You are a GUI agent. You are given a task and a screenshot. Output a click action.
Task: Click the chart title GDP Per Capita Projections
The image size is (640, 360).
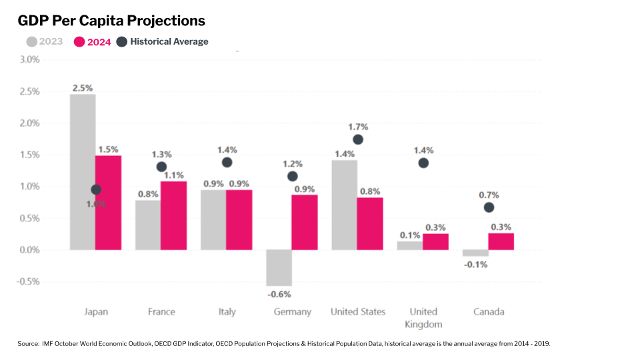click(111, 21)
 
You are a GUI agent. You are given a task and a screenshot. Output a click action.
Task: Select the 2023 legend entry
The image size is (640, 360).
click(45, 41)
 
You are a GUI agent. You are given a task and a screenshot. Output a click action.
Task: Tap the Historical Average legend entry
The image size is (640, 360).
click(162, 41)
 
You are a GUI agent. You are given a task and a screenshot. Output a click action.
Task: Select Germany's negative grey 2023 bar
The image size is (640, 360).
click(279, 267)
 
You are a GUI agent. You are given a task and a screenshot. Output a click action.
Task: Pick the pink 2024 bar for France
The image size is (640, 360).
click(173, 215)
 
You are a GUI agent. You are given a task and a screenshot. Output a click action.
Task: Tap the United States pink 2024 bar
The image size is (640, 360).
click(370, 223)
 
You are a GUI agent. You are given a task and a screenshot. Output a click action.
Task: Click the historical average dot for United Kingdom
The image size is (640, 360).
click(423, 163)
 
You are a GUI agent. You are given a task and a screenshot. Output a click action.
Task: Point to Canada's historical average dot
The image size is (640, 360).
click(489, 207)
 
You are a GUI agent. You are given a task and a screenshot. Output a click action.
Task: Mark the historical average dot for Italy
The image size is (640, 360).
click(227, 163)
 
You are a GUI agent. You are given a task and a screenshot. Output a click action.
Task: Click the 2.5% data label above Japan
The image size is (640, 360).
click(83, 87)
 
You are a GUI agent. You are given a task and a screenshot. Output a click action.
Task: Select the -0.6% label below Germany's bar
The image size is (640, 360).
click(279, 293)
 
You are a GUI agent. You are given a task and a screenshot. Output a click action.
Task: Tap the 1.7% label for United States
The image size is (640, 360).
click(358, 127)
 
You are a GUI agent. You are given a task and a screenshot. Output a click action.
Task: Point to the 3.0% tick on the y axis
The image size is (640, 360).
click(30, 59)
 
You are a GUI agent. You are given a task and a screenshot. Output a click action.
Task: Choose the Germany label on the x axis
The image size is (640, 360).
click(292, 312)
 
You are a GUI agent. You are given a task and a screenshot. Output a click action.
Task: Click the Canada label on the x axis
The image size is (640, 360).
click(489, 312)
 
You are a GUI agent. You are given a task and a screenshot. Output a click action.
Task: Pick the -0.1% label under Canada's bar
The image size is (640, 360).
click(475, 265)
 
